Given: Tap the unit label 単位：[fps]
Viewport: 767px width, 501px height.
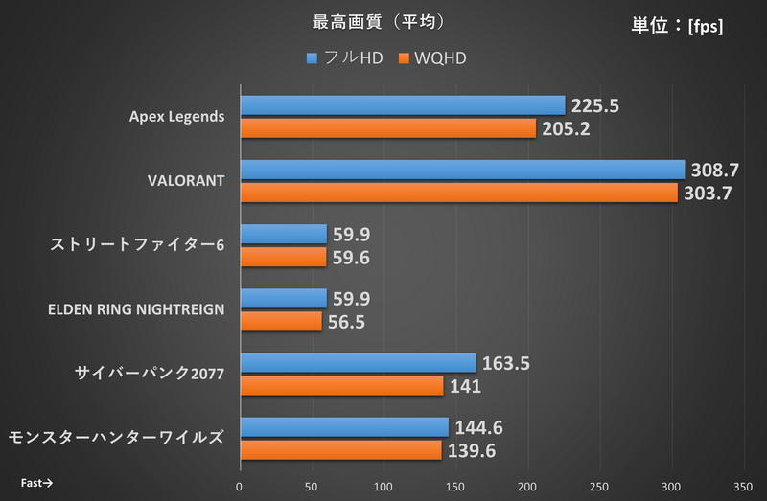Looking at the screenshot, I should [677, 27].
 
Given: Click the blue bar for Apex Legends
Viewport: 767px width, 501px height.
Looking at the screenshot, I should [402, 105].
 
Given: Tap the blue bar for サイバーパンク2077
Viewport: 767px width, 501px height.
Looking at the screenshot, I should [358, 363].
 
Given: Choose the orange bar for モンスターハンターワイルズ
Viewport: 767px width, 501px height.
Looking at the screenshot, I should [340, 450].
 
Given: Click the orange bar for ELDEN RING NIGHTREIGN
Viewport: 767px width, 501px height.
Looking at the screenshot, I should [281, 321].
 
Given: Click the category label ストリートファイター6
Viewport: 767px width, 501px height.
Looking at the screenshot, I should [137, 245].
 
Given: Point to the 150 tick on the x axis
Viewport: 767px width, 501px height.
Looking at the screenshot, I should [455, 485].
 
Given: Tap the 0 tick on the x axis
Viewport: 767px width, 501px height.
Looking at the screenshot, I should [240, 485].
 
